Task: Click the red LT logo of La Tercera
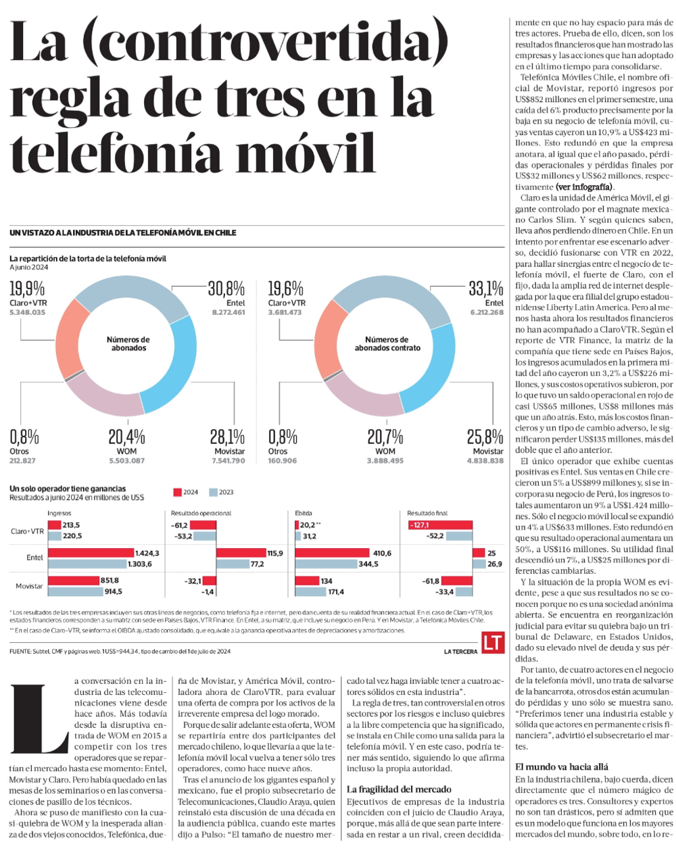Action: pyautogui.click(x=493, y=642)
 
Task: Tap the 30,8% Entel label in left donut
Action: pyautogui.click(x=226, y=289)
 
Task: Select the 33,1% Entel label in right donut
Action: pyautogui.click(x=485, y=289)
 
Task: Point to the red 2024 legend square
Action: pyautogui.click(x=178, y=492)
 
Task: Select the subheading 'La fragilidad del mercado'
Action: pyautogui.click(x=399, y=789)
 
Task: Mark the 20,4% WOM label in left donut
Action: pyautogui.click(x=126, y=437)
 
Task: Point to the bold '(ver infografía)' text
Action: pyautogui.click(x=584, y=187)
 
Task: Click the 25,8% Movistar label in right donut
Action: pyautogui.click(x=485, y=437)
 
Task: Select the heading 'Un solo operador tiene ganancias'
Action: pyautogui.click(x=68, y=489)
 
